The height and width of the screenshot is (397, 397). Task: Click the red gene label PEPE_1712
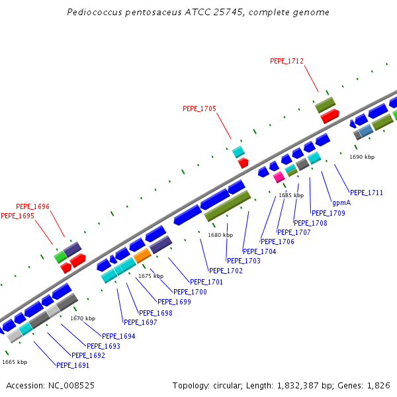[x=287, y=61]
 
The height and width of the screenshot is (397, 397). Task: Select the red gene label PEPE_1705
[x=199, y=109]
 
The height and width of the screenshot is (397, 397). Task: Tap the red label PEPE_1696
[x=32, y=206]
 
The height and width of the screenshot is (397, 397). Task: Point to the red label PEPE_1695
[x=17, y=216]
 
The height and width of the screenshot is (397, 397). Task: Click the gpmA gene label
[x=341, y=202]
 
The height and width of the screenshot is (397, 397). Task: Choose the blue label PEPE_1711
[x=367, y=193]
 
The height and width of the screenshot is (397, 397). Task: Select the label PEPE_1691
[x=73, y=365]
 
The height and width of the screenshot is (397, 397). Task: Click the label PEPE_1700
[x=190, y=292]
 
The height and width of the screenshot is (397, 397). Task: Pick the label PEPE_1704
[x=259, y=251]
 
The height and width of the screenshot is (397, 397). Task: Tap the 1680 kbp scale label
[x=220, y=235]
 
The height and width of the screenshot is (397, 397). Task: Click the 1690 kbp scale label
[x=362, y=157]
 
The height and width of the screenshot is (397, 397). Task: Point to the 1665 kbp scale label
[x=15, y=362]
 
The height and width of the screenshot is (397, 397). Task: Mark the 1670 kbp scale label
[x=83, y=318]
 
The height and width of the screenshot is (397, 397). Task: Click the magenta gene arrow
[x=279, y=176]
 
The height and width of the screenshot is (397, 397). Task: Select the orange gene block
[x=142, y=255]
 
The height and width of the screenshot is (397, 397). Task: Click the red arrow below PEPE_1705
[x=243, y=162]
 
